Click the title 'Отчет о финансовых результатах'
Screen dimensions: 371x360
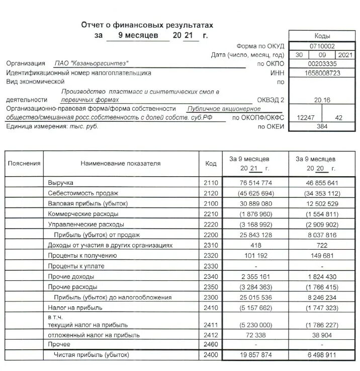click(x=147, y=25)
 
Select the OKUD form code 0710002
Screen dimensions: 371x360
click(x=322, y=46)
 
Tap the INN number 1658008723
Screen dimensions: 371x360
click(x=322, y=73)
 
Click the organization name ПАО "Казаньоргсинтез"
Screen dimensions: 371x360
click(x=91, y=63)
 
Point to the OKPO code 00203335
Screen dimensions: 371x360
click(x=322, y=64)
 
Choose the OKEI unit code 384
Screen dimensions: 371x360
click(x=322, y=126)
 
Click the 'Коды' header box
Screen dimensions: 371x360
click(x=322, y=36)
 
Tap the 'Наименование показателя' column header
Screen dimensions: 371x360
click(x=120, y=164)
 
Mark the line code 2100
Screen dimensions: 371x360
click(x=211, y=203)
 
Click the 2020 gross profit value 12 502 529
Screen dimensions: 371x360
click(x=322, y=203)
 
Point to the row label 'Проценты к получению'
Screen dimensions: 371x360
click(x=82, y=256)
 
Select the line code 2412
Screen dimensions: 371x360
click(x=211, y=334)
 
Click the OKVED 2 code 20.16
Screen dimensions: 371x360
click(x=322, y=100)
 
